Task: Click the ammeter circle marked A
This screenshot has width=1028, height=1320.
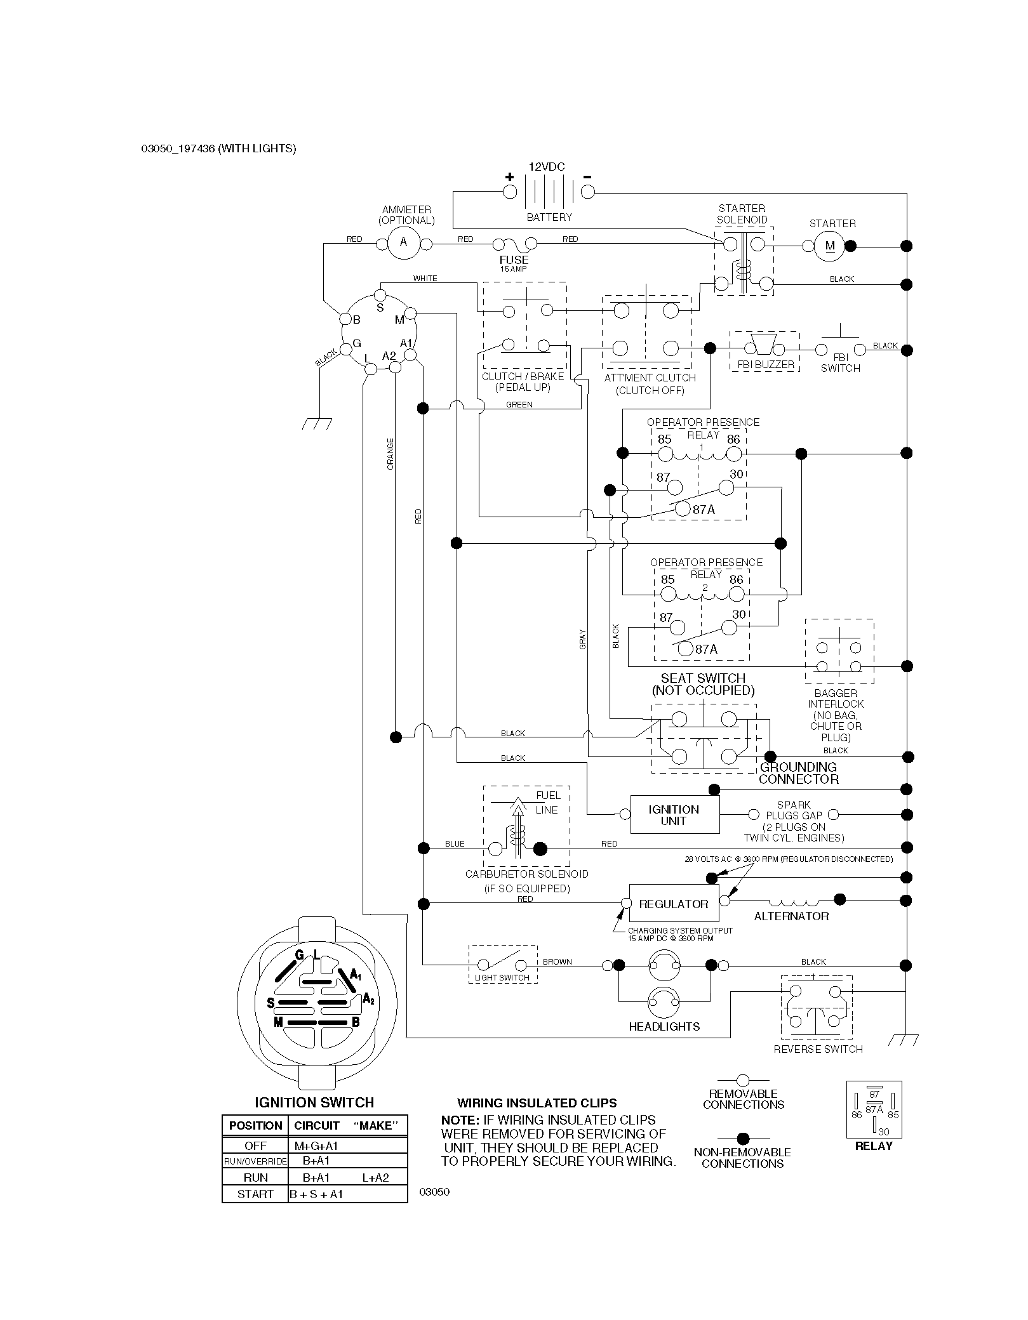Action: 403,243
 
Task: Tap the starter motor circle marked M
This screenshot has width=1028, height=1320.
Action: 830,246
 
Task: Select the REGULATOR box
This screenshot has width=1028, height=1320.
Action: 674,904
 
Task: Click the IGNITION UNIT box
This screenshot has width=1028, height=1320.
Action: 674,815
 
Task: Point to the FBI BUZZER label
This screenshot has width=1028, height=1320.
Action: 766,365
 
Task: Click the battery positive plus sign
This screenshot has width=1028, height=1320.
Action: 509,177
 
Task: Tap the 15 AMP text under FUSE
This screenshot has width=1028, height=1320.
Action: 513,269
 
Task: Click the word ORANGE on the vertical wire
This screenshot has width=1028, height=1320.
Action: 391,454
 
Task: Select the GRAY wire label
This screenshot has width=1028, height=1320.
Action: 583,638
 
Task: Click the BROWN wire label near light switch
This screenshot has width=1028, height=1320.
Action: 557,961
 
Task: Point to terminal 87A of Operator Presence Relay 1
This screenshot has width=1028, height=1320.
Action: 683,509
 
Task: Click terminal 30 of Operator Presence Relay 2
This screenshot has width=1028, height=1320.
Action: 729,628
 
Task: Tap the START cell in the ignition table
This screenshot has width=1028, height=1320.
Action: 255,1194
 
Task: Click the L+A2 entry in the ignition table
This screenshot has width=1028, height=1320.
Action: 376,1178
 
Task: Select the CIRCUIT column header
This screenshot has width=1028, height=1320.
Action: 317,1126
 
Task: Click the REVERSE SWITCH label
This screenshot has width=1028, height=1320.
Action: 818,1049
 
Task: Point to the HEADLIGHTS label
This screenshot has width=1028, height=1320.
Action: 664,1026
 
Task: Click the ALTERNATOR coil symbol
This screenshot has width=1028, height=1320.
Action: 794,901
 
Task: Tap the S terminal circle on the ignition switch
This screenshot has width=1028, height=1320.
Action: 380,295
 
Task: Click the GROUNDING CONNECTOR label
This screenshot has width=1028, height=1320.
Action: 799,773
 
